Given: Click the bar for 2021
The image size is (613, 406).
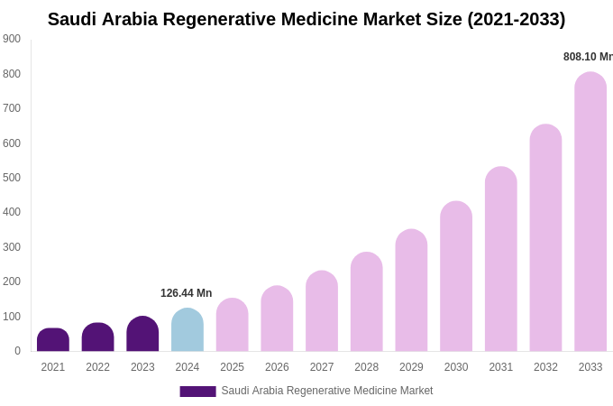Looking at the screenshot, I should (53, 340).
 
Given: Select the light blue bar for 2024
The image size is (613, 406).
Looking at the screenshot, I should (188, 330).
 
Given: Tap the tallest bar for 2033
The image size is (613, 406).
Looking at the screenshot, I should (590, 212).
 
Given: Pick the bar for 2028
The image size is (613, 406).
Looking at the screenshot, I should (367, 302).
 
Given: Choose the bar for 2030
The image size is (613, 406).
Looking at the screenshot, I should (456, 277).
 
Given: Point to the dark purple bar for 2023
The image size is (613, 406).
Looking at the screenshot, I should (142, 334).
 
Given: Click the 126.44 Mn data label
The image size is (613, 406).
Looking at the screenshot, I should (186, 293).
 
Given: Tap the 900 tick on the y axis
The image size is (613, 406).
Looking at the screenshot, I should (12, 39).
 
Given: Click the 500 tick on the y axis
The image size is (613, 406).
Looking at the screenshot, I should (12, 178).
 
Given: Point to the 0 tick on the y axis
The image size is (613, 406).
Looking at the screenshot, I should (17, 351).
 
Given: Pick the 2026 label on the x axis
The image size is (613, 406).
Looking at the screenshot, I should (277, 367).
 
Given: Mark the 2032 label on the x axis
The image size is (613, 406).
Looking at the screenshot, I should (545, 367).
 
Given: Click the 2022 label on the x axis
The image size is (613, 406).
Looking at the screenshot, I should (97, 367).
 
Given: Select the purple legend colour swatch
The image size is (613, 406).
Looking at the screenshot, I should (197, 392).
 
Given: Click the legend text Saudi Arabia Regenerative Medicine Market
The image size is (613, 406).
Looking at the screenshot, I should (327, 391).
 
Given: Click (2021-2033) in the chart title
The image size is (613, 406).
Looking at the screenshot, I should (516, 19).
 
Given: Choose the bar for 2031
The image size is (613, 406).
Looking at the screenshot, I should (501, 260).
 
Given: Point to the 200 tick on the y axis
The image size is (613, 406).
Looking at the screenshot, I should (12, 281).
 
